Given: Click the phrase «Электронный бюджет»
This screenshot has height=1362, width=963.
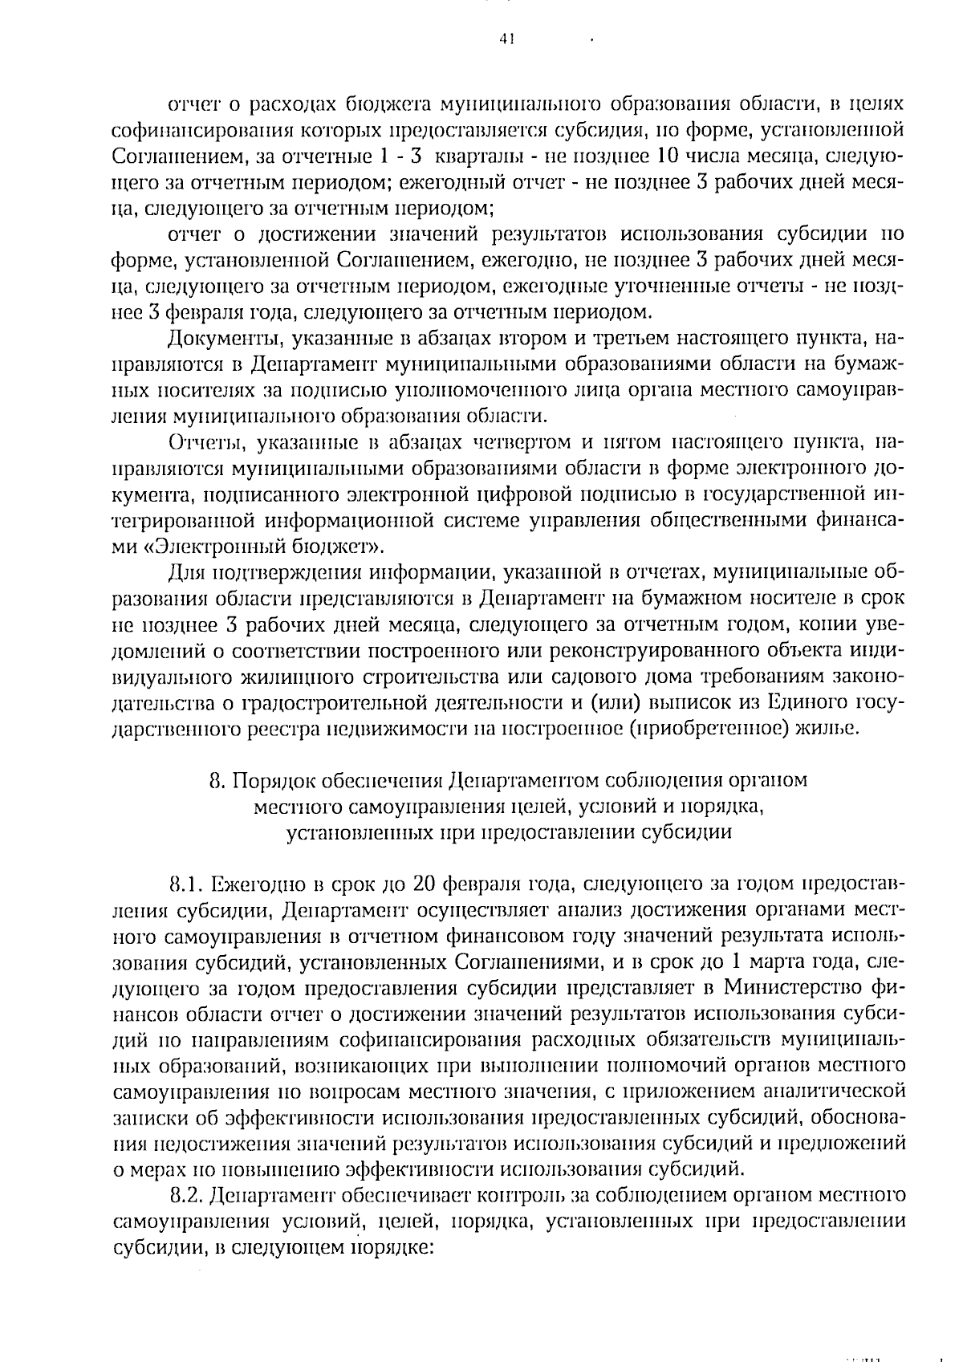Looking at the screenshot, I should pyautogui.click(x=260, y=547).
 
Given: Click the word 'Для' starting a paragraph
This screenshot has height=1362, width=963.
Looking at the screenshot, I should pyautogui.click(x=186, y=574).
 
